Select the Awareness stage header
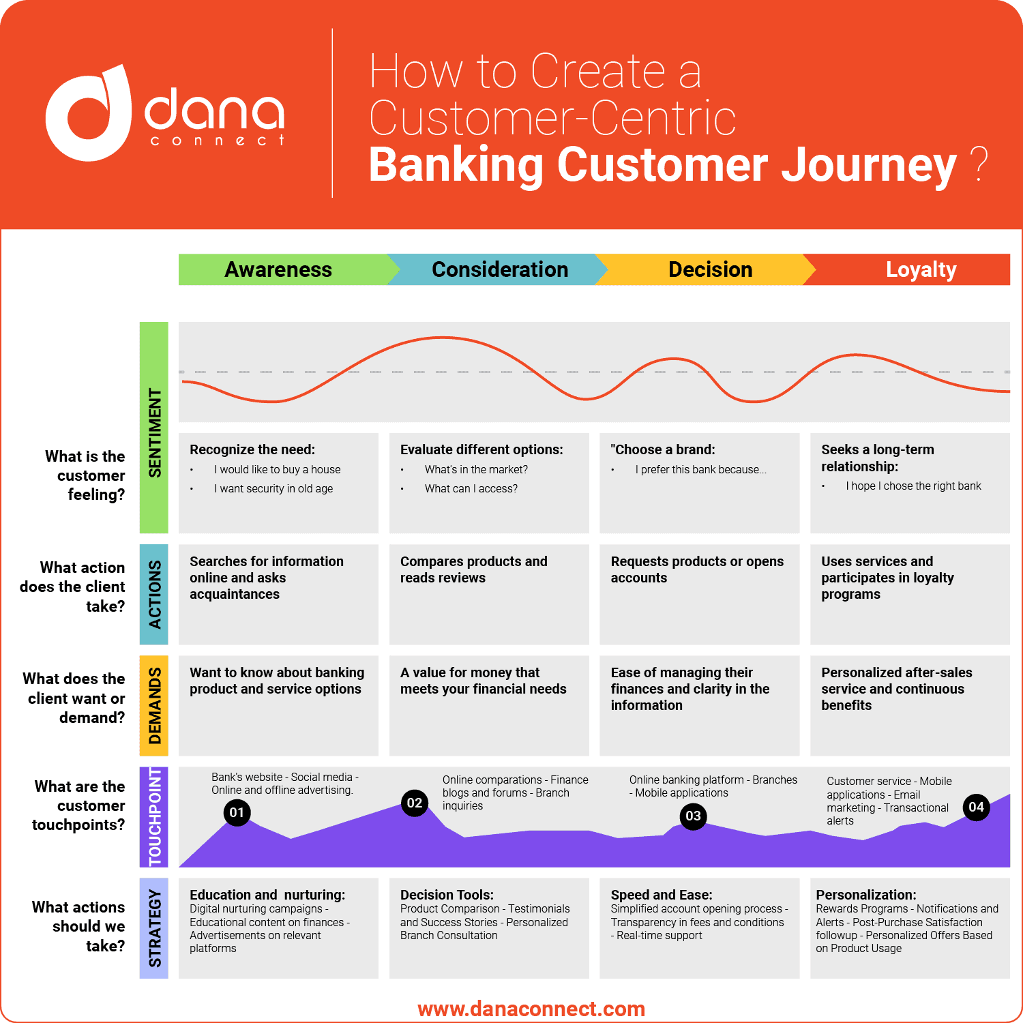[x=278, y=269]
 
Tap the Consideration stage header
[x=499, y=269]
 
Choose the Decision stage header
[x=709, y=269]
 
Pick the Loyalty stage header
[x=921, y=269]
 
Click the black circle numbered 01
[x=237, y=812]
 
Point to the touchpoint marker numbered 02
[x=415, y=803]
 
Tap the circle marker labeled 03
[x=693, y=816]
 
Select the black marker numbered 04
[x=976, y=807]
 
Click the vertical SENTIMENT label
[x=154, y=432]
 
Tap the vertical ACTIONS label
[x=154, y=594]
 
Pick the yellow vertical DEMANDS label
[x=154, y=706]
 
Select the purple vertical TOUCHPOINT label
[x=154, y=817]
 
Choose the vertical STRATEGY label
[x=154, y=928]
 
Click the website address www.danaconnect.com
[x=531, y=1009]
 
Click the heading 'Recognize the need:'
[x=252, y=449]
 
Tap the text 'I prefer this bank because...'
[x=700, y=469]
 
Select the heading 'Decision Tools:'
[x=447, y=895]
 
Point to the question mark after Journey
[x=979, y=164]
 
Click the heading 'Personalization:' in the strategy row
[x=865, y=895]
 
